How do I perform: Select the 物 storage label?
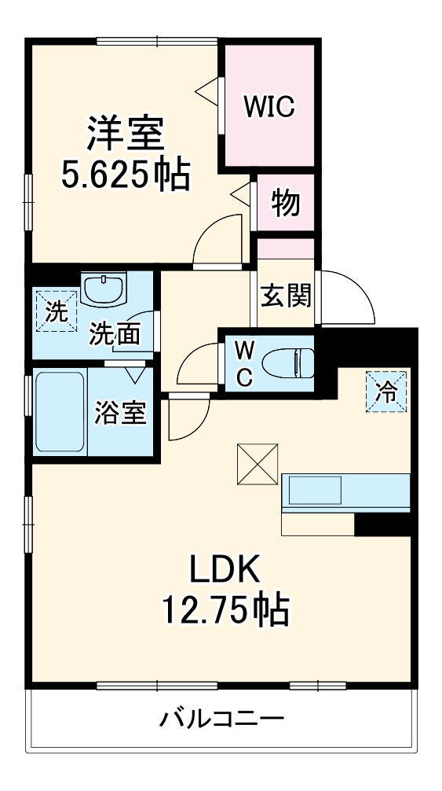click(x=285, y=203)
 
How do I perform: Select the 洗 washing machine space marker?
click(x=56, y=311)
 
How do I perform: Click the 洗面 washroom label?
click(x=115, y=333)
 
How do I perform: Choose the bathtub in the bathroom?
click(x=60, y=411)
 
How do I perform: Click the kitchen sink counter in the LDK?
click(x=345, y=491)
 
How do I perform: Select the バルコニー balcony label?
click(x=223, y=718)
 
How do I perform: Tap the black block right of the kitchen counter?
click(x=384, y=524)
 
